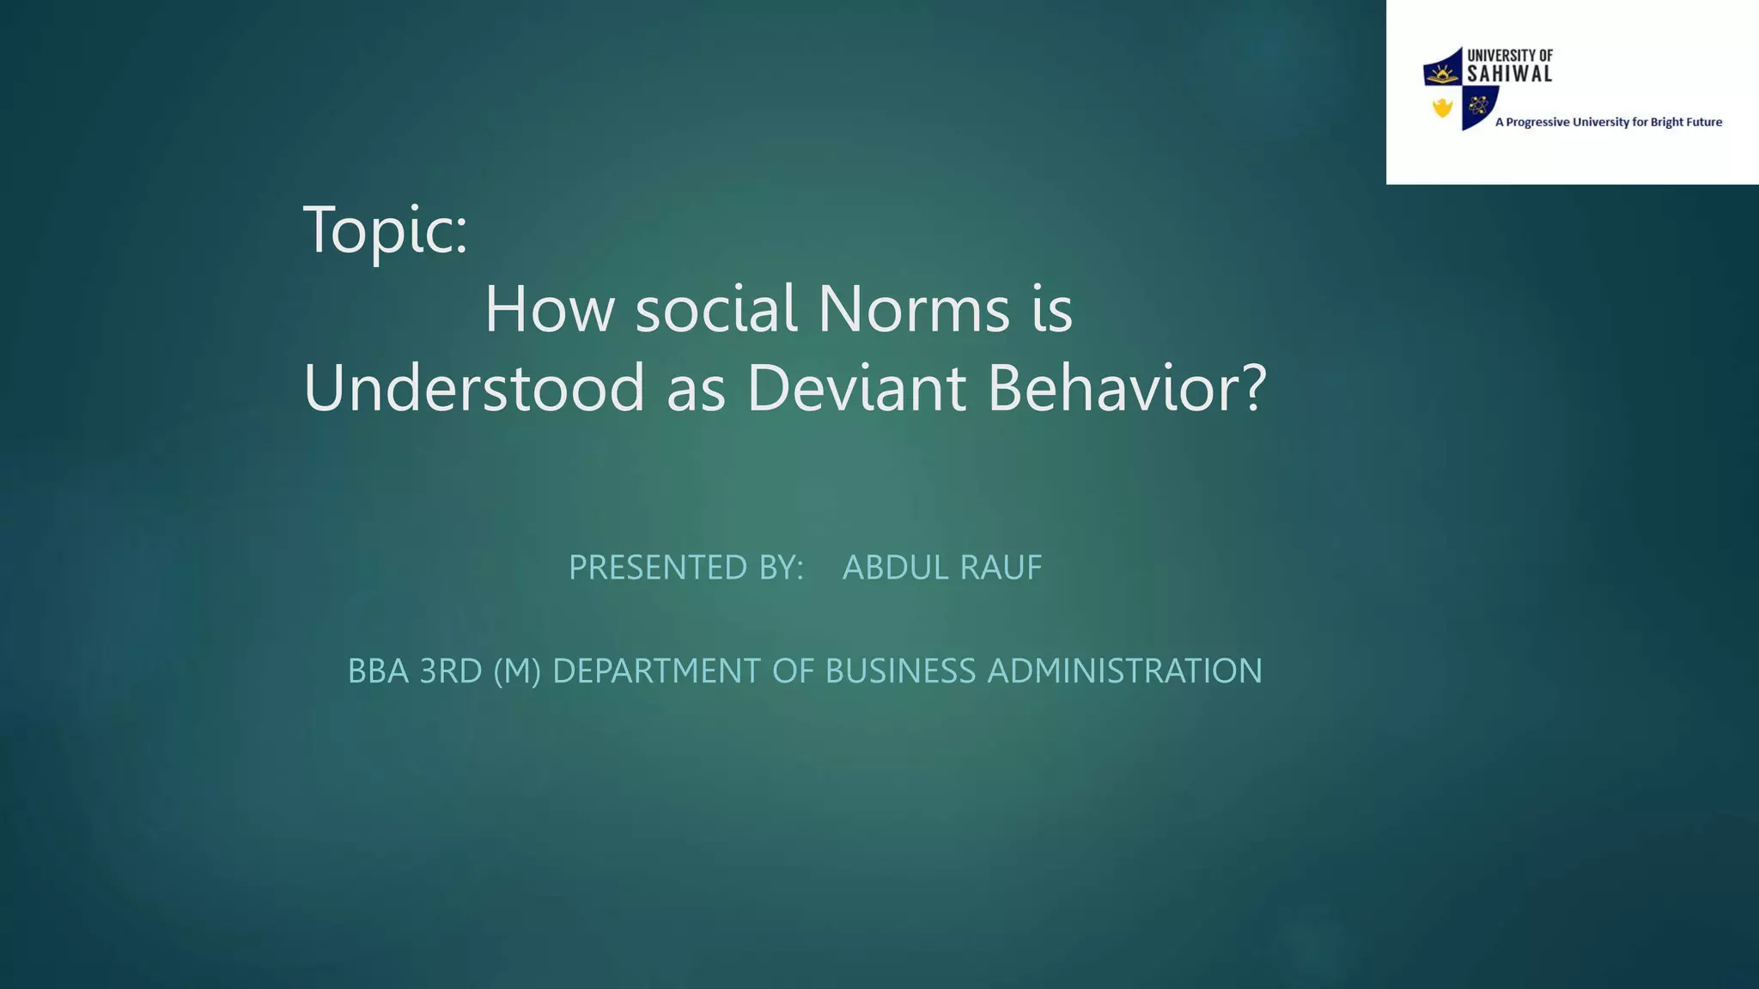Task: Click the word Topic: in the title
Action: point(386,230)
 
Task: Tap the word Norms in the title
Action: point(913,309)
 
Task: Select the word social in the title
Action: point(716,309)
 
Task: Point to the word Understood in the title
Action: point(473,388)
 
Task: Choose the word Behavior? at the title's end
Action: point(1127,388)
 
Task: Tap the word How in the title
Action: point(550,309)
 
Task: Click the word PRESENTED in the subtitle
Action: point(658,567)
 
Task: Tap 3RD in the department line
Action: point(451,671)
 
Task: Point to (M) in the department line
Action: point(518,671)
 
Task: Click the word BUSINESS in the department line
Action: point(900,671)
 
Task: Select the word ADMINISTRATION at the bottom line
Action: point(1125,671)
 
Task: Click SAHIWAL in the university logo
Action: point(1510,74)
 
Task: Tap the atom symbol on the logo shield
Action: point(1478,106)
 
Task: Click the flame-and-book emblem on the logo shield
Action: point(1443,71)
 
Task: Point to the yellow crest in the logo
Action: point(1442,107)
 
